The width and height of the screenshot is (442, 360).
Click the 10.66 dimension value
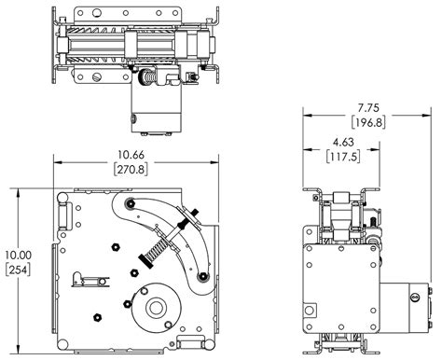coord(131,155)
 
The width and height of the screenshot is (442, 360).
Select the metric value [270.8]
coord(131,169)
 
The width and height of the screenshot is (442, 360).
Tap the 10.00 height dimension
coord(18,256)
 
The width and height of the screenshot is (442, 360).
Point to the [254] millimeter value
coord(18,270)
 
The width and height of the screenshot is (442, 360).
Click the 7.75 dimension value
coord(368,108)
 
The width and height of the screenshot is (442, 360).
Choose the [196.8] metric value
coord(368,122)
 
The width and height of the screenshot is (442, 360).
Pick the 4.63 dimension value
coord(343,142)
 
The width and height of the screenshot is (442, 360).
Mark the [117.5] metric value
coord(343,157)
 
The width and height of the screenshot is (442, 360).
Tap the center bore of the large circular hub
coord(155,308)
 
